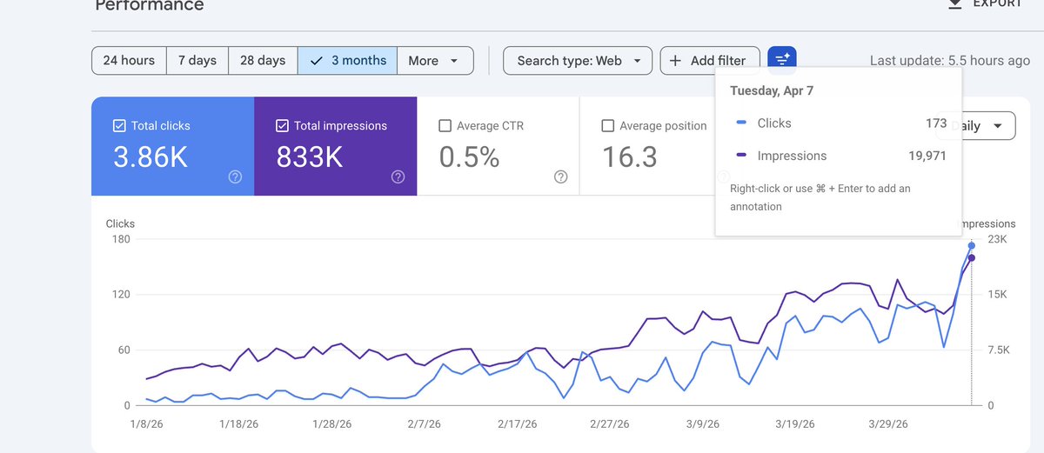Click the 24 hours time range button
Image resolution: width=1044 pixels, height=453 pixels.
(x=129, y=61)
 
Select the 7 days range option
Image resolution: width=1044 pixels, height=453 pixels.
(x=197, y=61)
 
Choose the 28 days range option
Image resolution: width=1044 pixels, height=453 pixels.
(x=263, y=61)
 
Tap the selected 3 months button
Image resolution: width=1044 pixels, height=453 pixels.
(x=348, y=61)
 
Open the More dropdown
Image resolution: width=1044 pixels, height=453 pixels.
(x=435, y=61)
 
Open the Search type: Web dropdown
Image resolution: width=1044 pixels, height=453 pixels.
(x=578, y=61)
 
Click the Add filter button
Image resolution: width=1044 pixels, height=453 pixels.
(x=709, y=61)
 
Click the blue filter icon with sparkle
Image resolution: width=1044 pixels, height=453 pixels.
(x=781, y=59)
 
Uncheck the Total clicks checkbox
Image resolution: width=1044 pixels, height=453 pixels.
(x=120, y=126)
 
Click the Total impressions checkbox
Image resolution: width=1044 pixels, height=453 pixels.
(x=283, y=126)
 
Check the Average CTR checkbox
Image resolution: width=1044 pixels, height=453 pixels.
(x=445, y=126)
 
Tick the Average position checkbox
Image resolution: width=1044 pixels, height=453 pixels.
(x=608, y=126)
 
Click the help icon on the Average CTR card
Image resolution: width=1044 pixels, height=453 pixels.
(x=560, y=177)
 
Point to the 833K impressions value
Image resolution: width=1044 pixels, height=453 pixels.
(x=310, y=157)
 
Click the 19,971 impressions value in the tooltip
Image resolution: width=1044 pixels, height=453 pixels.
(x=926, y=157)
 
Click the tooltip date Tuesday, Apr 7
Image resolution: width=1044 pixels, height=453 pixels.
(x=772, y=90)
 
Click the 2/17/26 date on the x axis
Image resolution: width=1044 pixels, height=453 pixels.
(x=519, y=424)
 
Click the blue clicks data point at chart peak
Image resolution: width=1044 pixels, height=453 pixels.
(x=971, y=246)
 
